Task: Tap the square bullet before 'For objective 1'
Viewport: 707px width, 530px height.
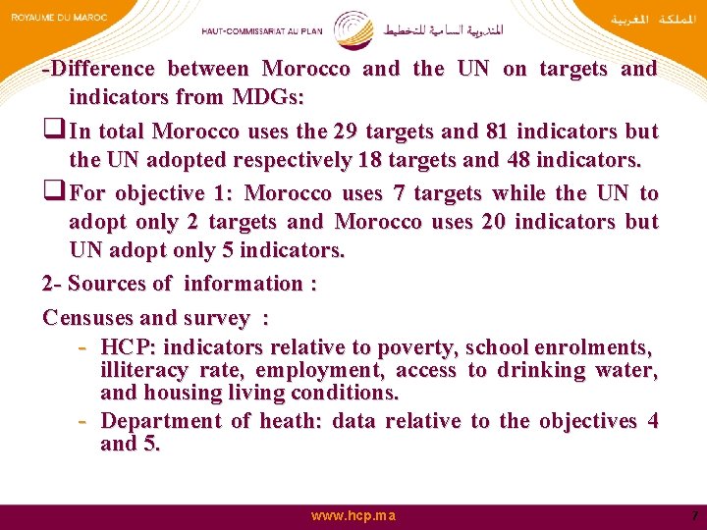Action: click(x=54, y=193)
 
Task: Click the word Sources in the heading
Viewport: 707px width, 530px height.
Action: click(x=104, y=284)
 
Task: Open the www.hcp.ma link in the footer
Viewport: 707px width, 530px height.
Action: click(x=353, y=515)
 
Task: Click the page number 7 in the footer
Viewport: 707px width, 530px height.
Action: click(x=694, y=515)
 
